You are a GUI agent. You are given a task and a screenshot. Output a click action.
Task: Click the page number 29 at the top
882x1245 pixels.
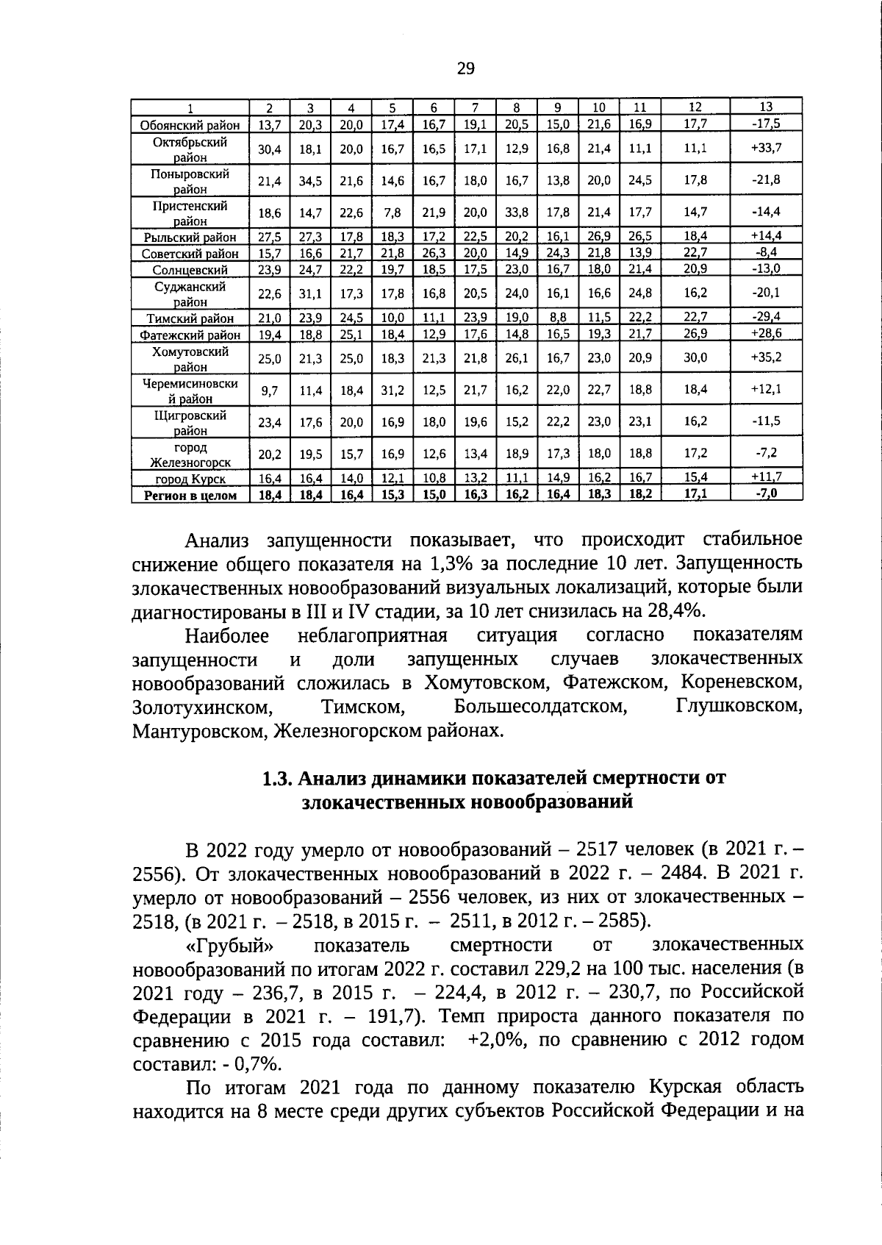[x=465, y=69]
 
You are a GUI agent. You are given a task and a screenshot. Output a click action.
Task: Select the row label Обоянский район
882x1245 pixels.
[x=190, y=125]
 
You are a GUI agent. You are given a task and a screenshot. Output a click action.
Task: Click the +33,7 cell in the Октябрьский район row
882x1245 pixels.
[x=766, y=148]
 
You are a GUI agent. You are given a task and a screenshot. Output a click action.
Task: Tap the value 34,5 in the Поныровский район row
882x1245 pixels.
[x=310, y=180]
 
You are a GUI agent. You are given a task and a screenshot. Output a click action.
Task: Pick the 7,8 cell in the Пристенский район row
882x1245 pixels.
[x=392, y=212]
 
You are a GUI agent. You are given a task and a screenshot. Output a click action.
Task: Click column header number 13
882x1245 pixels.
[x=766, y=107]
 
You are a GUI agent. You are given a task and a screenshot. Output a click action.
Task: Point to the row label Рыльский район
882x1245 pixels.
[x=190, y=237]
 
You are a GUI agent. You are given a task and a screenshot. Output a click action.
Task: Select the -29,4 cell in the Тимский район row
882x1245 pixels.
[x=766, y=317]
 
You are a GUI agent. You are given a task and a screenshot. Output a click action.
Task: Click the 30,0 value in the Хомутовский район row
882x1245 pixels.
[x=695, y=357]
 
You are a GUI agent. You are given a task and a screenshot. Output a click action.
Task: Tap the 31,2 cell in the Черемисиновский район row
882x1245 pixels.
[x=392, y=390]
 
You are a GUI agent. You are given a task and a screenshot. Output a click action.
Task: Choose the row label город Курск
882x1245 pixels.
[x=190, y=479]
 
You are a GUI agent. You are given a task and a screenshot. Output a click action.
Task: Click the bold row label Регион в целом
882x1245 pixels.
[x=190, y=495]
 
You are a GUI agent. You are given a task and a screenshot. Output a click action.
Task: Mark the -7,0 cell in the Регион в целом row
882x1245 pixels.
[x=766, y=493]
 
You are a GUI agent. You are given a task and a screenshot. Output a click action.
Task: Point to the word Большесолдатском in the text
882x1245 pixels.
[x=541, y=707]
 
